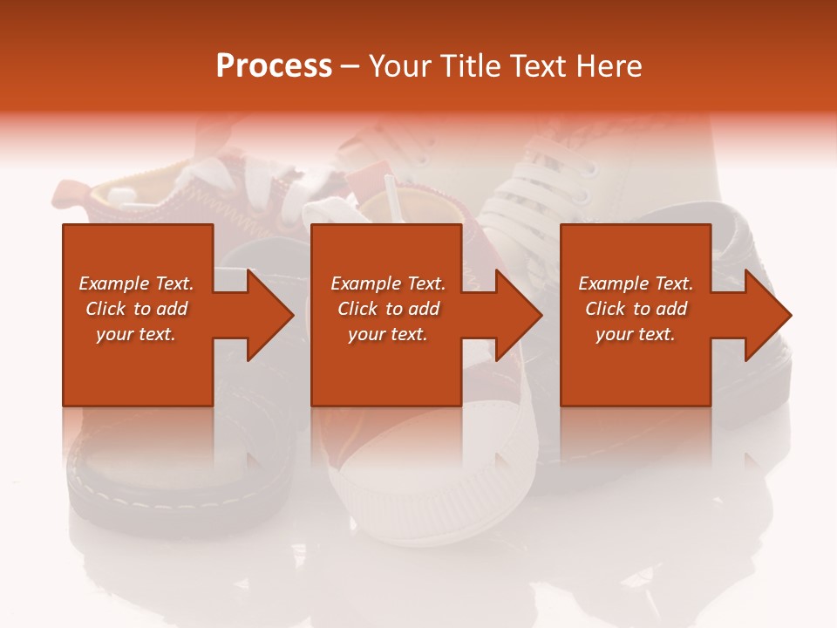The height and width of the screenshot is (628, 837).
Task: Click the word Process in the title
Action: pyautogui.click(x=274, y=66)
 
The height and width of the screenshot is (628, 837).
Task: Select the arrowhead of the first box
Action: pyautogui.click(x=268, y=315)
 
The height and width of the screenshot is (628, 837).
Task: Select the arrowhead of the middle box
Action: pyautogui.click(x=517, y=315)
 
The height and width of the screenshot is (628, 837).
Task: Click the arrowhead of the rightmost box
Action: pyautogui.click(x=766, y=315)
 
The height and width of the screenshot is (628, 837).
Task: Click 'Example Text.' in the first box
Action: pyautogui.click(x=136, y=283)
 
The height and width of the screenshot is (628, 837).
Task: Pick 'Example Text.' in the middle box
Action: pyautogui.click(x=388, y=283)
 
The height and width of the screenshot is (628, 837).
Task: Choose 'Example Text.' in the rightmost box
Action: pyautogui.click(x=636, y=283)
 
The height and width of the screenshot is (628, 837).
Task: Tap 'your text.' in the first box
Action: pyautogui.click(x=136, y=334)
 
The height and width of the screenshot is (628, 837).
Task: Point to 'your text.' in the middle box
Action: pyautogui.click(x=388, y=334)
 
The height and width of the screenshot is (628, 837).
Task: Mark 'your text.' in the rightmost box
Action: pyautogui.click(x=636, y=334)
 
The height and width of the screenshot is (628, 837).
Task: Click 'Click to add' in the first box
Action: pyautogui.click(x=136, y=309)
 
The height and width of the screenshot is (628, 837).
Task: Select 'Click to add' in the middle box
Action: pyautogui.click(x=388, y=309)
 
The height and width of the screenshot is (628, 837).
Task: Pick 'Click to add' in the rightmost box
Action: pyautogui.click(x=636, y=309)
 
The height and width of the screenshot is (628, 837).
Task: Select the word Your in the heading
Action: pyautogui.click(x=398, y=66)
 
